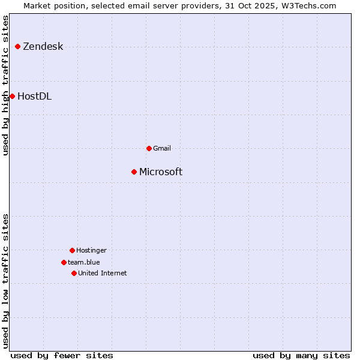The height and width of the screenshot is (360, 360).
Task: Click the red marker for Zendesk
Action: click(18, 46)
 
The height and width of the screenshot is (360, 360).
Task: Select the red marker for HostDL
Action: click(12, 96)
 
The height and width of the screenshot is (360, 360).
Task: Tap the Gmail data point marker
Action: click(149, 148)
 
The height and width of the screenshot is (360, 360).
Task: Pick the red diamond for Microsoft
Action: click(134, 172)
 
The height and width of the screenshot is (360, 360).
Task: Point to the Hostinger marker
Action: click(72, 250)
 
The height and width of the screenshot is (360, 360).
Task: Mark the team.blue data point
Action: click(64, 262)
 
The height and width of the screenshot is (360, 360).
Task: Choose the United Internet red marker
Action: click(74, 273)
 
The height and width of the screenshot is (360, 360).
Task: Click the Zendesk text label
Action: click(43, 47)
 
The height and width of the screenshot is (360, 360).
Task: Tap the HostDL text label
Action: click(35, 97)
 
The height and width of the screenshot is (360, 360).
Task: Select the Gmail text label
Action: click(162, 148)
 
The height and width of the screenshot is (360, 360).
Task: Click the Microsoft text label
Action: click(161, 172)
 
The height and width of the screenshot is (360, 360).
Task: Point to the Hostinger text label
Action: click(91, 250)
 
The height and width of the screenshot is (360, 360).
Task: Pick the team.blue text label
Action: click(84, 262)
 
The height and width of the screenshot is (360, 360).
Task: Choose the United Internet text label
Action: click(103, 273)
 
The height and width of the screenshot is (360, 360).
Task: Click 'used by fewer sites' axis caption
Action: click(62, 355)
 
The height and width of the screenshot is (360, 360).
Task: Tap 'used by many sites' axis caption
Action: click(301, 355)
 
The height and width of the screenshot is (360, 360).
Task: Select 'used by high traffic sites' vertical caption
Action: click(6, 85)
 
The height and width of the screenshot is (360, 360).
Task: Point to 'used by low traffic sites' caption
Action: click(6, 280)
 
